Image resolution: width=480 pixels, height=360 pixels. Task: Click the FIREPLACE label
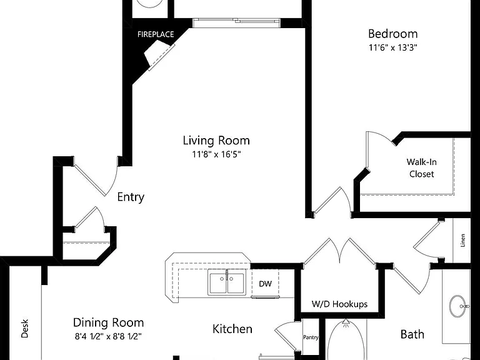point(156,34)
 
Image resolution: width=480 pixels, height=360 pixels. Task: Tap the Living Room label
point(216,141)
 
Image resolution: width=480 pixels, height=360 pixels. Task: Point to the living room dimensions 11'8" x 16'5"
point(216,154)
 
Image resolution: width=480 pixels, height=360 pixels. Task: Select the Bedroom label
point(392,34)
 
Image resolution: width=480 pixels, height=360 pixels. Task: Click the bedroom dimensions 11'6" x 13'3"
point(393,47)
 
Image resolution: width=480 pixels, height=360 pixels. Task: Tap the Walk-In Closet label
point(421,167)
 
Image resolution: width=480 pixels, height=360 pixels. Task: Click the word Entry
point(131,197)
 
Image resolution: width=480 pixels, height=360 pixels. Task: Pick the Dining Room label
point(108,322)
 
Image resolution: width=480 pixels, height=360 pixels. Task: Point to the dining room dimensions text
point(108,336)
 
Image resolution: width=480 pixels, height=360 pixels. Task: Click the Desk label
point(25,329)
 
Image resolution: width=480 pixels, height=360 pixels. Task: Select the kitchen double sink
point(227,282)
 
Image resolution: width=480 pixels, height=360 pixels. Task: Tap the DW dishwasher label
point(265,284)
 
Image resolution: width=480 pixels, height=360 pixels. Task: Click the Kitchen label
point(232,329)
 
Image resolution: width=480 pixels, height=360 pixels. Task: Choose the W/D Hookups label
point(339,304)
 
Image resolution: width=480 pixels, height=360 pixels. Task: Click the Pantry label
point(311,337)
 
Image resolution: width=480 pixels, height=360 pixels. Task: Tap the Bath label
point(412,334)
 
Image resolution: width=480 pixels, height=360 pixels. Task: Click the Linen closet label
point(463,240)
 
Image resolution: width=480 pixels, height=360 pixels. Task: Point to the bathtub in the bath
point(346,340)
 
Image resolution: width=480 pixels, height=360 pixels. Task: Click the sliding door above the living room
point(236,23)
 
